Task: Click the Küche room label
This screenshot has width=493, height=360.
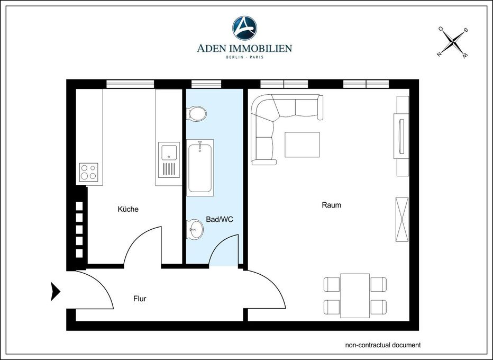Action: click(x=128, y=209)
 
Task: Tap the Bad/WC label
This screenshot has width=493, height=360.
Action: click(x=220, y=219)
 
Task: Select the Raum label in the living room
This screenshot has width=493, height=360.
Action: click(x=331, y=205)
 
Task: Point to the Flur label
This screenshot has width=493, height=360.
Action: click(x=140, y=299)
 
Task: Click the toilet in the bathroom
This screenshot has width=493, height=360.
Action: click(x=196, y=113)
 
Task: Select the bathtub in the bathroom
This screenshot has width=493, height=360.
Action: click(x=200, y=168)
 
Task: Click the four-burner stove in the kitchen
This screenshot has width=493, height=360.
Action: click(x=88, y=172)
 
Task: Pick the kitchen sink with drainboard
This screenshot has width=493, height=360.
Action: click(x=169, y=160)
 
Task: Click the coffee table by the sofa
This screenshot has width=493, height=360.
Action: click(x=302, y=145)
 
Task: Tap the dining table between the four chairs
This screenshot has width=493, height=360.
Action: click(x=355, y=296)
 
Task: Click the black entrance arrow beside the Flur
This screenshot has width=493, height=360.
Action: click(x=55, y=292)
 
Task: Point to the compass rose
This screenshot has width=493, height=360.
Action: click(x=453, y=42)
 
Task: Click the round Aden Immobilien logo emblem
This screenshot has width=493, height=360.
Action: click(x=244, y=28)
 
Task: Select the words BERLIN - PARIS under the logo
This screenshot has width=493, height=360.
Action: click(x=244, y=57)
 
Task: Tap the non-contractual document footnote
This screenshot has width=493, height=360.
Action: click(x=383, y=345)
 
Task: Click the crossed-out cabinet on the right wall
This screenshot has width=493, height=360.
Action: click(x=402, y=219)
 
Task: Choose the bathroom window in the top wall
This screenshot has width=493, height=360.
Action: click(x=206, y=84)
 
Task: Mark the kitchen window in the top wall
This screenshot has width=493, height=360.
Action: click(x=130, y=84)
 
